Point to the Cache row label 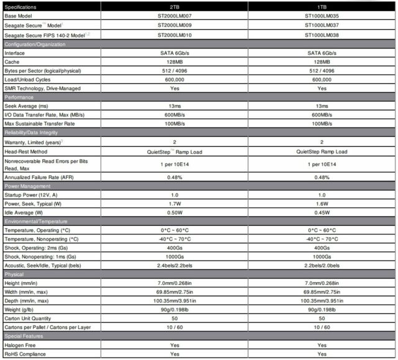tap(13, 62)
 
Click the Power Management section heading tap(27, 186)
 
